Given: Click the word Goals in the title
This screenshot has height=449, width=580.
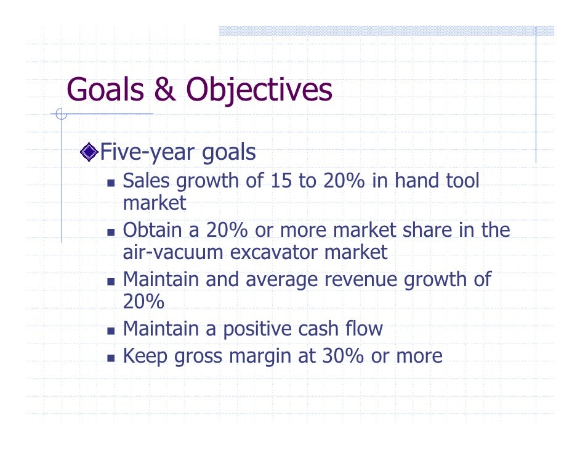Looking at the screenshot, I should pyautogui.click(x=105, y=90).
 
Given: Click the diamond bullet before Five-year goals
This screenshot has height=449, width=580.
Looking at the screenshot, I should pyautogui.click(x=89, y=152).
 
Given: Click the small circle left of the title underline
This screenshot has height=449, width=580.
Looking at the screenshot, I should pyautogui.click(x=60, y=113).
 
